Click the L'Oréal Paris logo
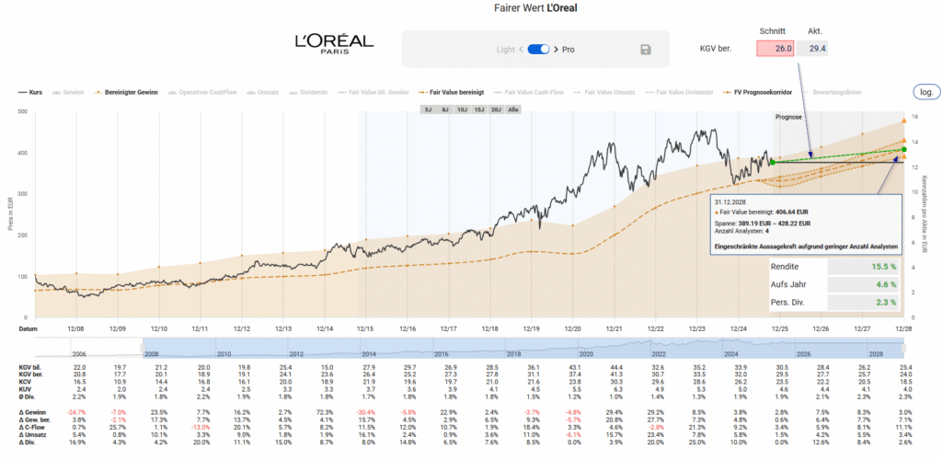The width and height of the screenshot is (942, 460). pyautogui.click(x=334, y=44)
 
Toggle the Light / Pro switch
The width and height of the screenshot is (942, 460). pyautogui.click(x=538, y=49)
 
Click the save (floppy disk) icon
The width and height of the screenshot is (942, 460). pyautogui.click(x=645, y=50)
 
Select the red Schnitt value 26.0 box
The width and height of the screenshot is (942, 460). pyautogui.click(x=775, y=49)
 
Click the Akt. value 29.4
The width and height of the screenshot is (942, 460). pyautogui.click(x=814, y=49)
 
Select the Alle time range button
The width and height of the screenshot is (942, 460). pyautogui.click(x=513, y=109)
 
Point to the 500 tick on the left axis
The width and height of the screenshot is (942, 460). pyautogui.click(x=21, y=112)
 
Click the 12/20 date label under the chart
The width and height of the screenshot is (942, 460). pyautogui.click(x=572, y=328)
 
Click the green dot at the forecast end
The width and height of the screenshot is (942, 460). pyautogui.click(x=903, y=149)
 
